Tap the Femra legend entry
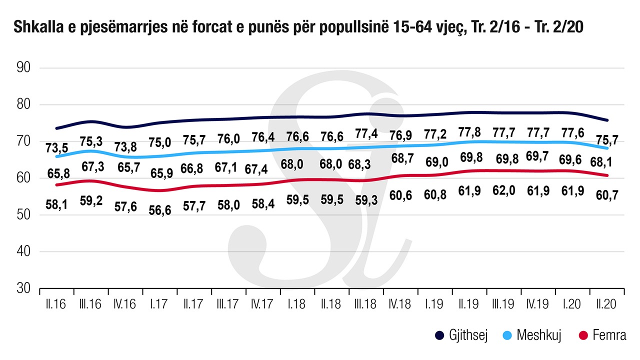[602, 335]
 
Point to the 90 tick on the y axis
[24, 68]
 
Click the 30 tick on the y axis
[24, 289]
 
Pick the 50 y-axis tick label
[24, 215]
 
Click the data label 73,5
[54, 148]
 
